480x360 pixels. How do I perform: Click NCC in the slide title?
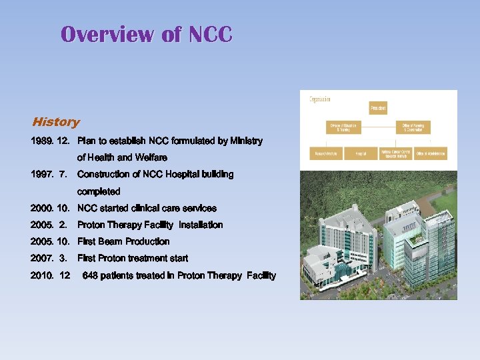(211, 34)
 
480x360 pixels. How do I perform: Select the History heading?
(56, 122)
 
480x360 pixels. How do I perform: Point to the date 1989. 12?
(50, 141)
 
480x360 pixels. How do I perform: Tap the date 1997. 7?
(49, 175)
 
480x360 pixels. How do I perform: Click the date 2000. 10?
(50, 209)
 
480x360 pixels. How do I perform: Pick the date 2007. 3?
(49, 259)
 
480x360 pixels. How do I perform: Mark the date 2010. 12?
(50, 276)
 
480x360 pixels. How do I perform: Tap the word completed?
(99, 192)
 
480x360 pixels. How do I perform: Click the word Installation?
(201, 225)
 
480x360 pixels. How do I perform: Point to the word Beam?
(110, 242)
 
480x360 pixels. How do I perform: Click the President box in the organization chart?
(378, 107)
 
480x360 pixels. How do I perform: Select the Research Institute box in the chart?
(326, 154)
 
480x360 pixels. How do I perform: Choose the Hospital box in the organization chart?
(361, 154)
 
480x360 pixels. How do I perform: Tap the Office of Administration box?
(431, 154)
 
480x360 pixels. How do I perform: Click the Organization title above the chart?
(320, 99)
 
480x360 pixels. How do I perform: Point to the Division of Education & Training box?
(343, 127)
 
